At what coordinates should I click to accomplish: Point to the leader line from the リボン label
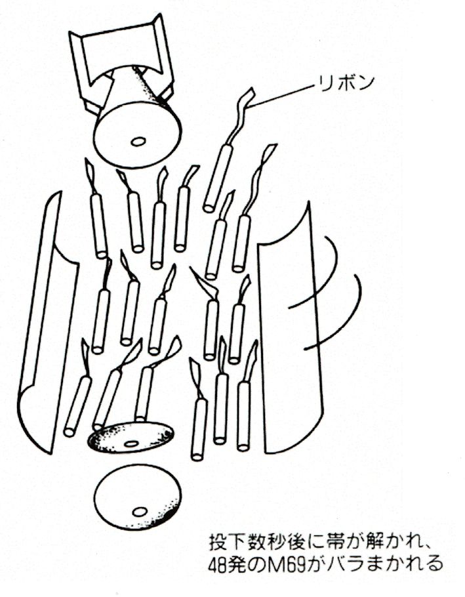point(284,95)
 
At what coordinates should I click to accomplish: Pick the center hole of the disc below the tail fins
point(138,142)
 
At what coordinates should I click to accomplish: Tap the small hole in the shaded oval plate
point(131,443)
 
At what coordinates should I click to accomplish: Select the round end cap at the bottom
point(137,497)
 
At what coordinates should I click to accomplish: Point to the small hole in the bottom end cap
point(140,511)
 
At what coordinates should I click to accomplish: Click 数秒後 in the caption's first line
point(277,542)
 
